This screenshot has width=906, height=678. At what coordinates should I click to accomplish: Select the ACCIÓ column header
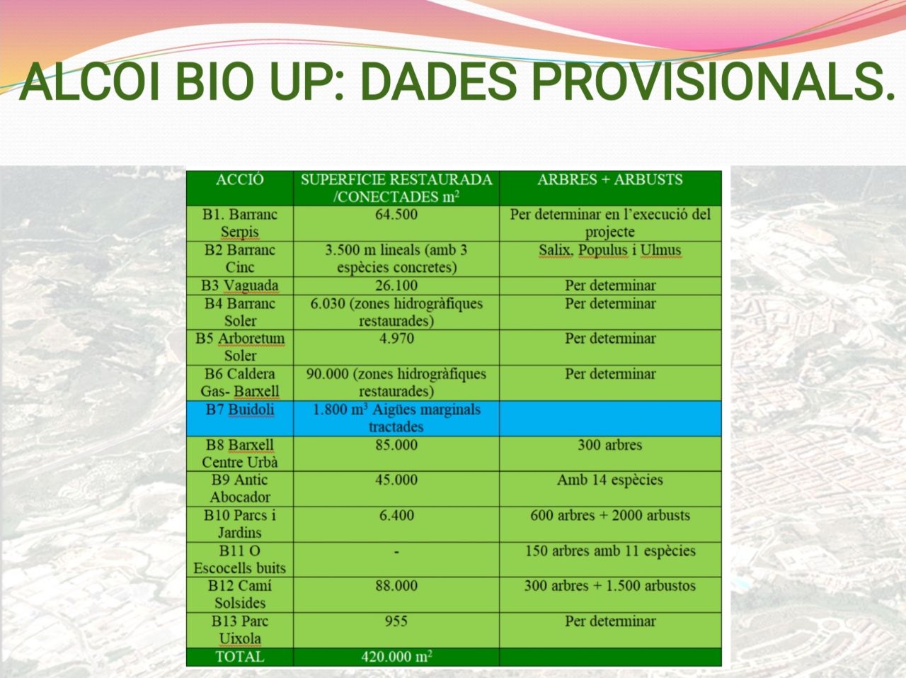pyautogui.click(x=240, y=179)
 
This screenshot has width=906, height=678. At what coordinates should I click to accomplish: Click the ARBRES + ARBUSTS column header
pyautogui.click(x=610, y=179)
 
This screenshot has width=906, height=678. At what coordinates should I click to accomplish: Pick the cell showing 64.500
pyautogui.click(x=396, y=215)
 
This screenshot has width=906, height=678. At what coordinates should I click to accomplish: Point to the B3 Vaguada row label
pyautogui.click(x=240, y=286)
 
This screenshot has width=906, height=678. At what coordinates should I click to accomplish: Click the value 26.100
pyautogui.click(x=396, y=286)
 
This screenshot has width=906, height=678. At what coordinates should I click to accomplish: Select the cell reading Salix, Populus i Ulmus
pyautogui.click(x=610, y=250)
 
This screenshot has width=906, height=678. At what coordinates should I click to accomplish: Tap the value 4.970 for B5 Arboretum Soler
pyautogui.click(x=396, y=339)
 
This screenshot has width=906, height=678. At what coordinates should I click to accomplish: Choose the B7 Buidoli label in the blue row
pyautogui.click(x=240, y=409)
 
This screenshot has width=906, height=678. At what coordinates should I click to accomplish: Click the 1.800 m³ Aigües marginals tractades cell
pyautogui.click(x=396, y=418)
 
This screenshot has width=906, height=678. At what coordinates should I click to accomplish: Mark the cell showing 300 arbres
pyautogui.click(x=610, y=445)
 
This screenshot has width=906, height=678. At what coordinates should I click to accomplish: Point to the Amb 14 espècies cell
pyautogui.click(x=610, y=480)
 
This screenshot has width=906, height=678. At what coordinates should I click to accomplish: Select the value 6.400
pyautogui.click(x=396, y=515)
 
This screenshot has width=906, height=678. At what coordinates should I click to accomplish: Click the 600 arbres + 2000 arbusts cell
pyautogui.click(x=610, y=515)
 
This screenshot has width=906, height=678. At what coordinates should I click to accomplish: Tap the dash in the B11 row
pyautogui.click(x=396, y=552)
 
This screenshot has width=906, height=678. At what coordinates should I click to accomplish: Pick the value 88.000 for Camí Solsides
pyautogui.click(x=396, y=585)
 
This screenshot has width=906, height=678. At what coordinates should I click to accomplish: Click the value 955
pyautogui.click(x=396, y=621)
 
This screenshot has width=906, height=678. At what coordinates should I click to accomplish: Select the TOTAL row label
pyautogui.click(x=240, y=657)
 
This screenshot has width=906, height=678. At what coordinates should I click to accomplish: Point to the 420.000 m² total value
pyautogui.click(x=396, y=657)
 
